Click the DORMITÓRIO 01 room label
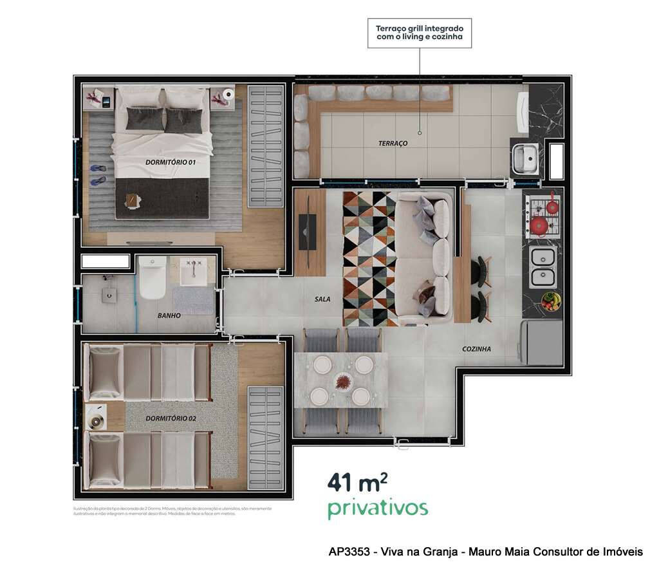[170, 162]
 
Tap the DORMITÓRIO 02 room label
[171, 418]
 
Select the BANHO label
[169, 316]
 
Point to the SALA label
[322, 299]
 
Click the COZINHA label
[476, 349]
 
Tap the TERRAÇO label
[393, 143]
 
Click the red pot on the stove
[539, 225]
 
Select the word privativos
[377, 508]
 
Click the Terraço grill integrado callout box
[420, 33]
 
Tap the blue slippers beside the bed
[98, 175]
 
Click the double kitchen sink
[543, 268]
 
